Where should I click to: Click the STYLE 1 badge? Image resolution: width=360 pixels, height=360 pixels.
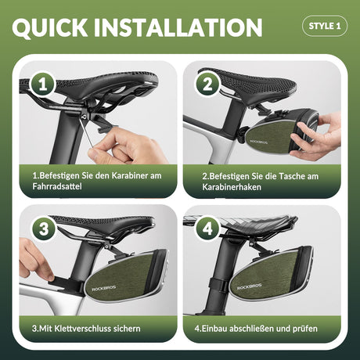(325, 26)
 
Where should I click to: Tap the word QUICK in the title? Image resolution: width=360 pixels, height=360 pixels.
(49, 27)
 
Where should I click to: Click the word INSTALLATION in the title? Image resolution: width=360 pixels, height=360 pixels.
(178, 27)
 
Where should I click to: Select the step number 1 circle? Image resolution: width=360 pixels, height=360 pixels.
(42, 85)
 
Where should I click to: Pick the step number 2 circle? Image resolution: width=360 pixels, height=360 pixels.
(207, 85)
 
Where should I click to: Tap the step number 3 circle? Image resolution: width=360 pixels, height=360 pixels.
(44, 229)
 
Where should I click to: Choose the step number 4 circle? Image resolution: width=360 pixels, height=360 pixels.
(207, 229)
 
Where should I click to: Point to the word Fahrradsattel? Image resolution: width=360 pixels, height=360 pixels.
(57, 186)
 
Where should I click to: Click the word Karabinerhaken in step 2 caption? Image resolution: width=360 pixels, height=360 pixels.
(232, 187)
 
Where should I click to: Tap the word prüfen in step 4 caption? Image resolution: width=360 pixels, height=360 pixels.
(305, 329)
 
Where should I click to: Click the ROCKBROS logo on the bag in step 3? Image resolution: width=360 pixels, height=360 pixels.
(104, 288)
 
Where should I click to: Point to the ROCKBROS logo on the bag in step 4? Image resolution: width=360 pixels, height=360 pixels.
(249, 286)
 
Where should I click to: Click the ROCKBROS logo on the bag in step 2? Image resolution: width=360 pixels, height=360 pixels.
(259, 142)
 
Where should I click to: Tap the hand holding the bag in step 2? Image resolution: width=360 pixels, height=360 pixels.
(315, 135)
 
